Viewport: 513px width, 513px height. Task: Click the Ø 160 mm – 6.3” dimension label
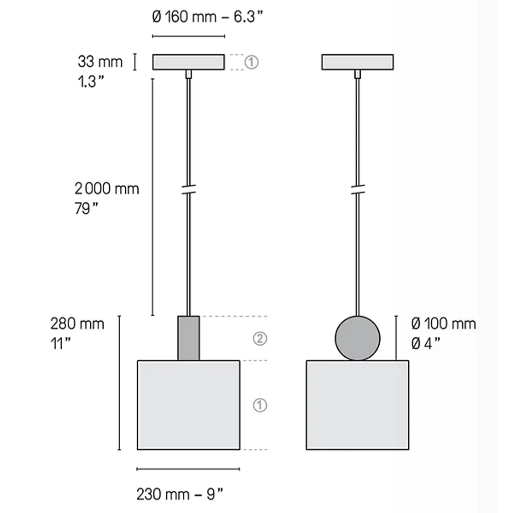tap(207, 17)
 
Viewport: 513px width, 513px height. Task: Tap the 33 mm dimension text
tap(100, 62)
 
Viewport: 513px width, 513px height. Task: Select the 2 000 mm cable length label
tap(107, 189)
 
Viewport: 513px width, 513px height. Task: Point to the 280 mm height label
tap(77, 324)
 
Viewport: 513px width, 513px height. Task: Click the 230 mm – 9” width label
tap(180, 494)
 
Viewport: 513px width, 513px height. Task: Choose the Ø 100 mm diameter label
tap(443, 324)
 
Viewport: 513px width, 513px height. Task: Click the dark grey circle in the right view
tap(358, 338)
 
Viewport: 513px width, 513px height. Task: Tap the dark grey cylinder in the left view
tap(188, 338)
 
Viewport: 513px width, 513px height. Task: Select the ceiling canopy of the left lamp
tap(188, 62)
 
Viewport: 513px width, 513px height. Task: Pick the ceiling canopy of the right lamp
tap(358, 62)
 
